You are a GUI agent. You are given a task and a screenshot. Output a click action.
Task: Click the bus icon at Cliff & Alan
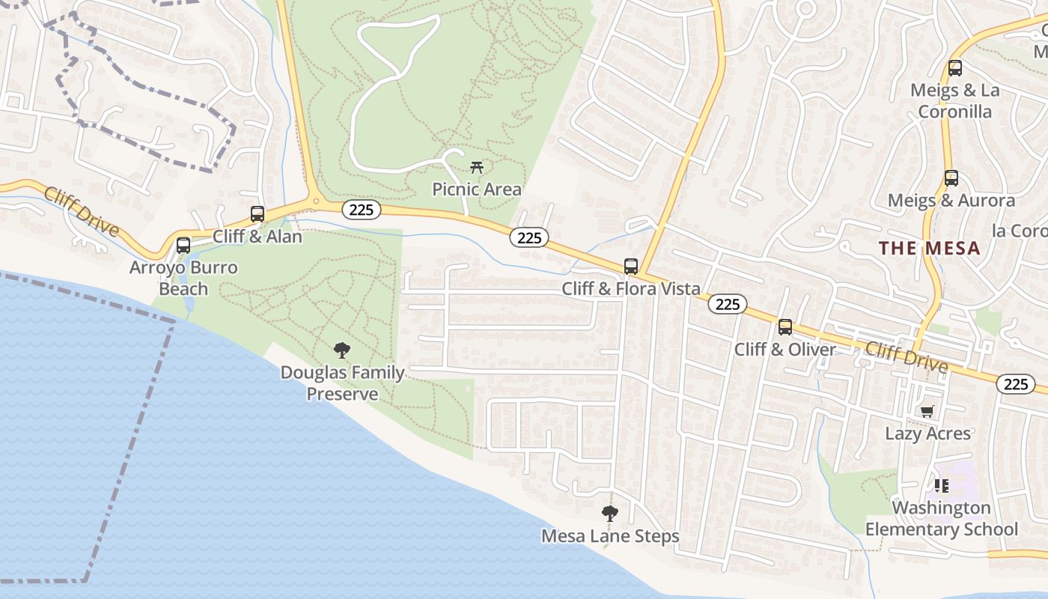pyautogui.click(x=258, y=214)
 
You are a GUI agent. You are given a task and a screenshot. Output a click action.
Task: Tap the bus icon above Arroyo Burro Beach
pyautogui.click(x=183, y=246)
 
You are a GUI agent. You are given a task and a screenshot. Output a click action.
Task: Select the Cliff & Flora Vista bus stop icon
pyautogui.click(x=631, y=267)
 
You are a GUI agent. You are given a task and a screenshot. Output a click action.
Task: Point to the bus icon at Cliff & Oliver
pyautogui.click(x=785, y=327)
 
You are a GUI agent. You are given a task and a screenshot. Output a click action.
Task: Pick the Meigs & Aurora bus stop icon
pyautogui.click(x=951, y=178)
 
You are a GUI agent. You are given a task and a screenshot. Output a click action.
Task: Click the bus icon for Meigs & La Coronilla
pyautogui.click(x=954, y=68)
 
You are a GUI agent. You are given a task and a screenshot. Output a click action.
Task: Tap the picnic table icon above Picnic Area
pyautogui.click(x=476, y=167)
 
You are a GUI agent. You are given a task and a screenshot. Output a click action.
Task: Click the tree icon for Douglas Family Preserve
pyautogui.click(x=341, y=350)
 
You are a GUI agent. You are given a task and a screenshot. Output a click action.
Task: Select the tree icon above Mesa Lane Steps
pyautogui.click(x=610, y=514)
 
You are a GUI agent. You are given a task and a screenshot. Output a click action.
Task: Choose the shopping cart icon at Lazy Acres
pyautogui.click(x=927, y=411)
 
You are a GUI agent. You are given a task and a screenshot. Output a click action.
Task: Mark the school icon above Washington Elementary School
pyautogui.click(x=942, y=485)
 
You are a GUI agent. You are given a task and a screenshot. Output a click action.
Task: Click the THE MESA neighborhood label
pyautogui.click(x=929, y=249)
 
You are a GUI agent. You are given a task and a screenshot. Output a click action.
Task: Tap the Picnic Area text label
pyautogui.click(x=476, y=189)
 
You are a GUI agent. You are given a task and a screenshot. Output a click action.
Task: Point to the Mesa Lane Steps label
pyautogui.click(x=610, y=536)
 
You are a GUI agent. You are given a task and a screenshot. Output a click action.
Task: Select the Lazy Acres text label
pyautogui.click(x=927, y=434)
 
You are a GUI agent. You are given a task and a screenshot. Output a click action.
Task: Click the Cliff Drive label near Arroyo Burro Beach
pyautogui.click(x=81, y=212)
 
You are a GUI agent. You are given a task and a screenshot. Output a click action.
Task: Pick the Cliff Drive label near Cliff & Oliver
pyautogui.click(x=907, y=357)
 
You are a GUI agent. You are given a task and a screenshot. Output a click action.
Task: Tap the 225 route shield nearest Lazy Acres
pyautogui.click(x=1015, y=384)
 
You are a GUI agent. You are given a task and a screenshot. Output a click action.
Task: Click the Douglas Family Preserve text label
pyautogui.click(x=342, y=383)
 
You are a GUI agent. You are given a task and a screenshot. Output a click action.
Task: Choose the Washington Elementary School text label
pyautogui.click(x=942, y=519)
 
